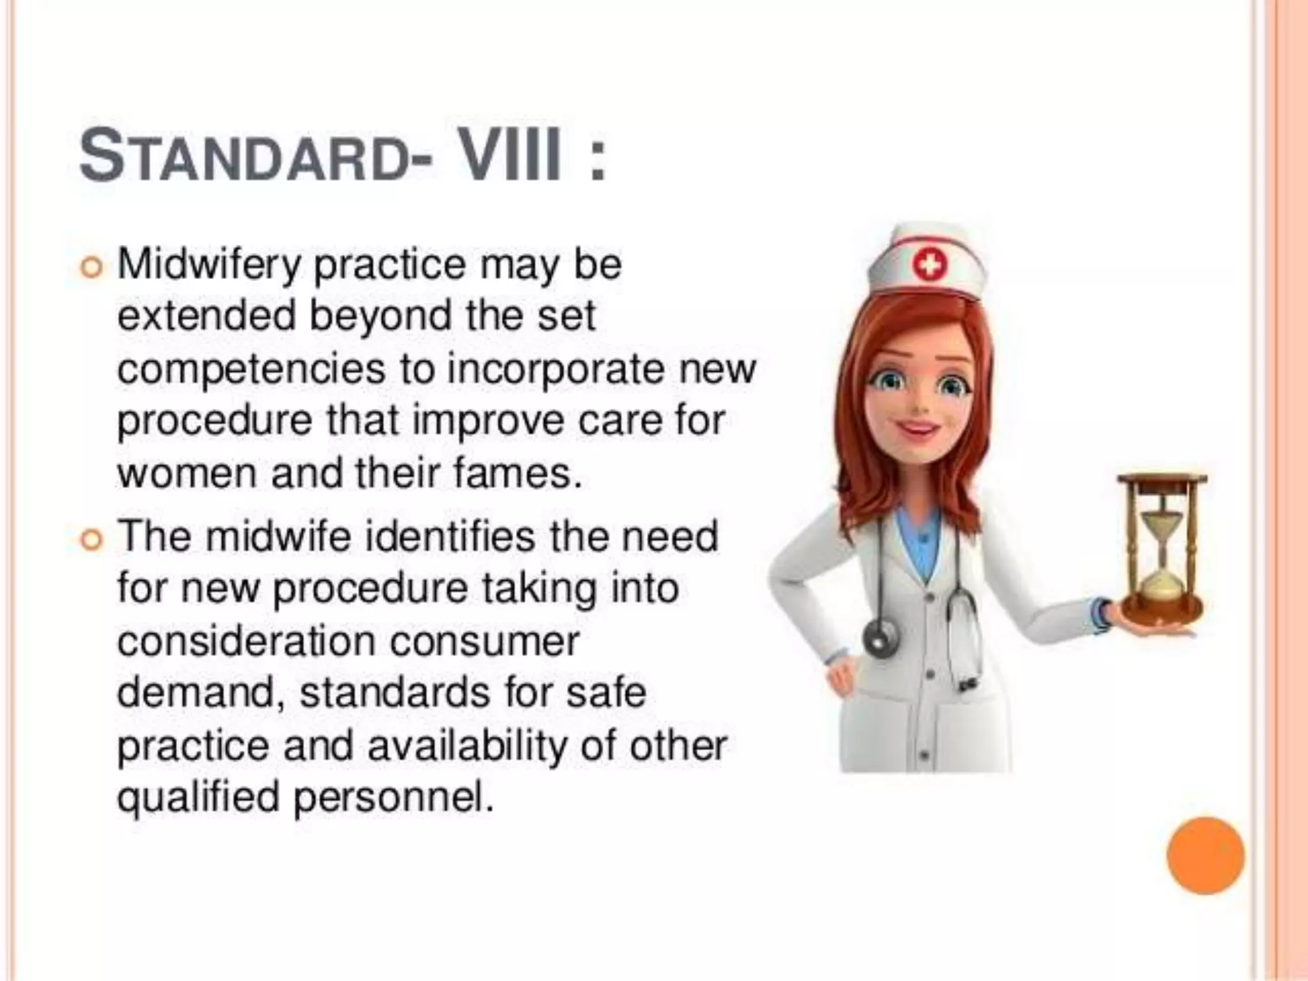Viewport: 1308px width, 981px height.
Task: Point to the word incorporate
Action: point(556,370)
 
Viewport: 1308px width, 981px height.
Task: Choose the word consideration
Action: point(246,641)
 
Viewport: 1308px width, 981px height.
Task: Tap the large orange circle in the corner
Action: point(1205,856)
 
